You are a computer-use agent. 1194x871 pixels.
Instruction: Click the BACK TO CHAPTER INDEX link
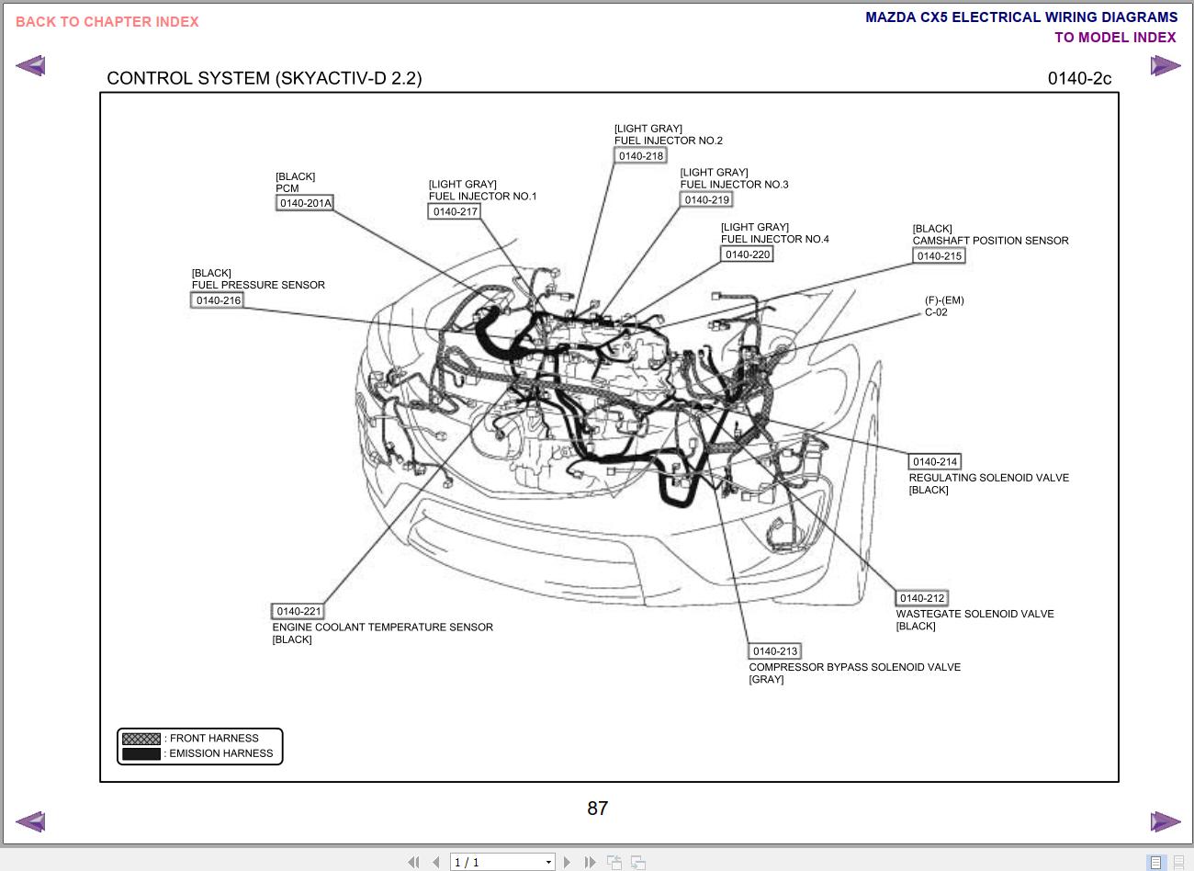(107, 22)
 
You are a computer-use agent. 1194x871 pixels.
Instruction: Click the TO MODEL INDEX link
(1115, 38)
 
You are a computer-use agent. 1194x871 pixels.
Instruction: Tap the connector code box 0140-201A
(305, 203)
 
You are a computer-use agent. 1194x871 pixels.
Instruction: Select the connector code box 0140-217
(455, 211)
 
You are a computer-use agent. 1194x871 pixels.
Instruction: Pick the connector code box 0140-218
(640, 156)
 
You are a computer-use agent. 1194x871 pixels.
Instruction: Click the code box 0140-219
(706, 199)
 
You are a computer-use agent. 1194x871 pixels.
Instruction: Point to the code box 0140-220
(747, 255)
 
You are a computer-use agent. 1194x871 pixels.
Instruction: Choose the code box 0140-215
(939, 256)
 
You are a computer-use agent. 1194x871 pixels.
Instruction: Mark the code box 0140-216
(218, 300)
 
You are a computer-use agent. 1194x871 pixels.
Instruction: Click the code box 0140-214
(935, 462)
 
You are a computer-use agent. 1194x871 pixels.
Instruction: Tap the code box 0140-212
(922, 598)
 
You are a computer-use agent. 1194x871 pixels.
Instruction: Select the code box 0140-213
(775, 651)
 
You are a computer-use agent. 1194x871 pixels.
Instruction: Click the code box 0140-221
(298, 611)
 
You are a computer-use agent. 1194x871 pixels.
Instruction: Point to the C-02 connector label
(936, 312)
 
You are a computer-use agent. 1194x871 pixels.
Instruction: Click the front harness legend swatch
(141, 739)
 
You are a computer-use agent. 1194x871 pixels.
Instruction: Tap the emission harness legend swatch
(141, 754)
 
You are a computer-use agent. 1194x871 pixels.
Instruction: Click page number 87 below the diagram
(597, 809)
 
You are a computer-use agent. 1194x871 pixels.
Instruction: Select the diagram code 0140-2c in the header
(1079, 78)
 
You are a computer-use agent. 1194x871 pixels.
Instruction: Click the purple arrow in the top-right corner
(1165, 66)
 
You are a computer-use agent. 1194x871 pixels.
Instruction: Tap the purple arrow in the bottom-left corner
(30, 821)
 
